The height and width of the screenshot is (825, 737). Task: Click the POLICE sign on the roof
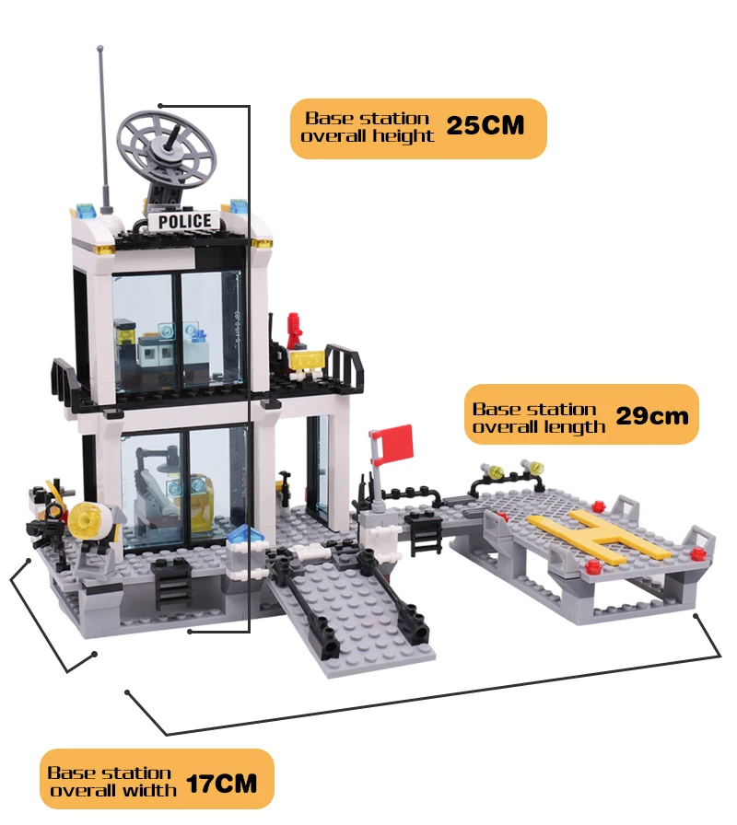pyautogui.click(x=184, y=221)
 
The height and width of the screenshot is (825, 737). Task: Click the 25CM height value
pyautogui.click(x=485, y=127)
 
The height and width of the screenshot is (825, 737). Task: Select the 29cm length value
pyautogui.click(x=652, y=416)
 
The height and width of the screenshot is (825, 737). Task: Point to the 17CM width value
pyautogui.click(x=221, y=784)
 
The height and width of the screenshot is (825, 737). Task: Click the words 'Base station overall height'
pyautogui.click(x=368, y=127)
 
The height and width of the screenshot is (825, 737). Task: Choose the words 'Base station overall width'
pyautogui.click(x=111, y=782)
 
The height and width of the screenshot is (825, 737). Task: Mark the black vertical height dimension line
pyautogui.click(x=249, y=368)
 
